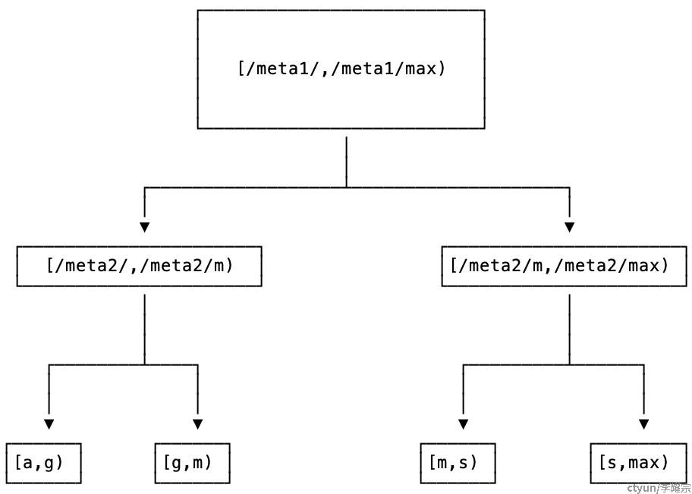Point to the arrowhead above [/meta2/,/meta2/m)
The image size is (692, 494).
click(x=144, y=227)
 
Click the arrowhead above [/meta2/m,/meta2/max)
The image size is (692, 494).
click(x=569, y=227)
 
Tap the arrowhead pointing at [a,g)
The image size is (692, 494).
click(x=49, y=424)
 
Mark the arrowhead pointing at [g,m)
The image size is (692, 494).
click(x=198, y=424)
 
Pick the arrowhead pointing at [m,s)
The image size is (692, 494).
click(x=463, y=424)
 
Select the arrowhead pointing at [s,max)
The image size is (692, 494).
click(x=644, y=424)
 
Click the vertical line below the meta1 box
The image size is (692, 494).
click(x=347, y=162)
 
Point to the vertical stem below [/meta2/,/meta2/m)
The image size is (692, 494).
click(x=144, y=330)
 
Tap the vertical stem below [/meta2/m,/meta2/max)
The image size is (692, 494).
click(x=569, y=330)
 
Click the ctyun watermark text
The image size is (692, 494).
click(x=659, y=488)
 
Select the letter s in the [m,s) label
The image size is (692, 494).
click(x=463, y=463)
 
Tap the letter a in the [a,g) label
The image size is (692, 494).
click(x=28, y=463)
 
